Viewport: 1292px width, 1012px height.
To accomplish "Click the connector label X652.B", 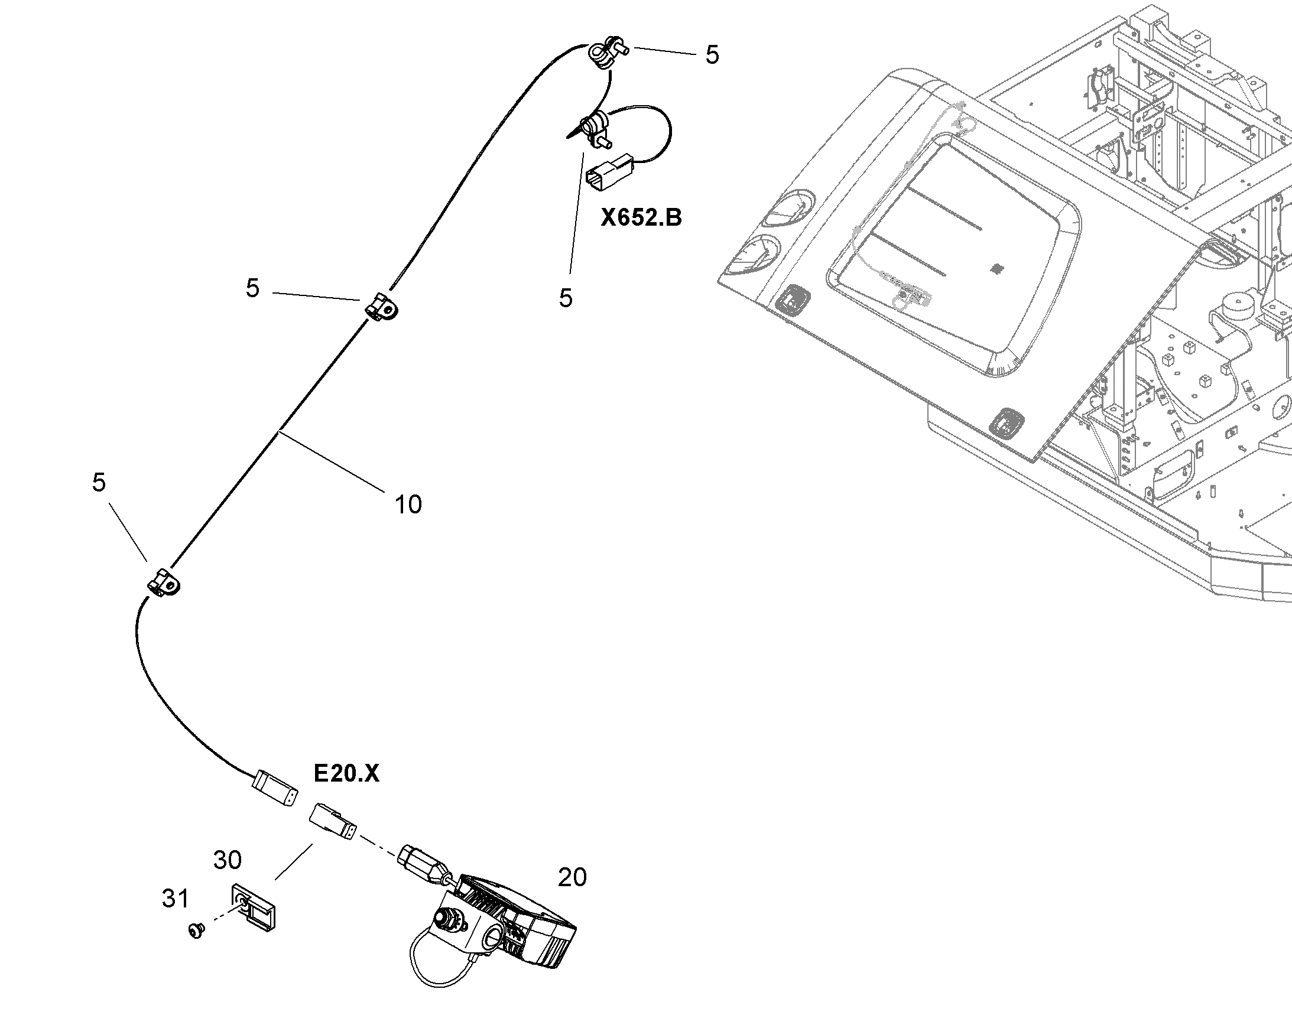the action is tap(641, 218).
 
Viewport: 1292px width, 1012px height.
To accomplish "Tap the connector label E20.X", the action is tap(346, 773).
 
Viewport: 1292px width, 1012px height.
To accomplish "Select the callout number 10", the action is tap(408, 505).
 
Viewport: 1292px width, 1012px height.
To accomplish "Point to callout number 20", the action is tap(572, 877).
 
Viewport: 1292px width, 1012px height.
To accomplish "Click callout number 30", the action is tap(228, 860).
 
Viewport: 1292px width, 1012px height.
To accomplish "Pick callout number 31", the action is tap(176, 899).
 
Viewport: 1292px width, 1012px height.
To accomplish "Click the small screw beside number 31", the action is tap(196, 932).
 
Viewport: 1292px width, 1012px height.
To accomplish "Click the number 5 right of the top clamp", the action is tap(712, 55).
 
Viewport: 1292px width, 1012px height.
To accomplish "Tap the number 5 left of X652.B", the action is tap(566, 298).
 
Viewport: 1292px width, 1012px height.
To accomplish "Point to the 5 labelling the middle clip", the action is tap(253, 288).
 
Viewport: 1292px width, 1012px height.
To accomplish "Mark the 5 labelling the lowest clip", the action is tap(99, 483).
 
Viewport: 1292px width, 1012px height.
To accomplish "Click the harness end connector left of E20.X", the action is tap(274, 788).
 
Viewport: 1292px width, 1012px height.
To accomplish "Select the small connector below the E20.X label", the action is tap(333, 821).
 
